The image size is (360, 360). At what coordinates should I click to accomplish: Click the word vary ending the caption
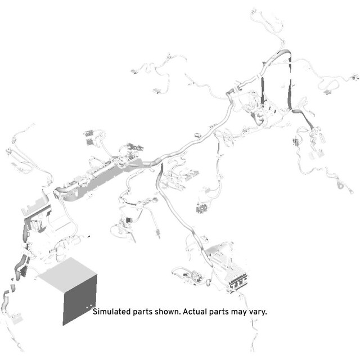tap(258, 313)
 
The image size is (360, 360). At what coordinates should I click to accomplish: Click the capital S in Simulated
tap(95, 312)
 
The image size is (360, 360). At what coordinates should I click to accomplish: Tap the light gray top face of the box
tap(68, 274)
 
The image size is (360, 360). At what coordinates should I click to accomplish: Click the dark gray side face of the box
tap(79, 300)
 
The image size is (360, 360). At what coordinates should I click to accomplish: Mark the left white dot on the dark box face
tap(87, 307)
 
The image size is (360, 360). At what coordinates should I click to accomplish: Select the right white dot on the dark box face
tap(91, 305)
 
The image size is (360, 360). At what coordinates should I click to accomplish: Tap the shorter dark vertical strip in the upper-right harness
tap(263, 90)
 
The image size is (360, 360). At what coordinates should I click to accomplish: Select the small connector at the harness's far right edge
tap(355, 78)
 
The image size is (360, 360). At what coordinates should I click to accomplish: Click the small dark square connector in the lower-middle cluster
tap(129, 220)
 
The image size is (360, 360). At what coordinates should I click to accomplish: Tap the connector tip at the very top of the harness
tap(254, 10)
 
